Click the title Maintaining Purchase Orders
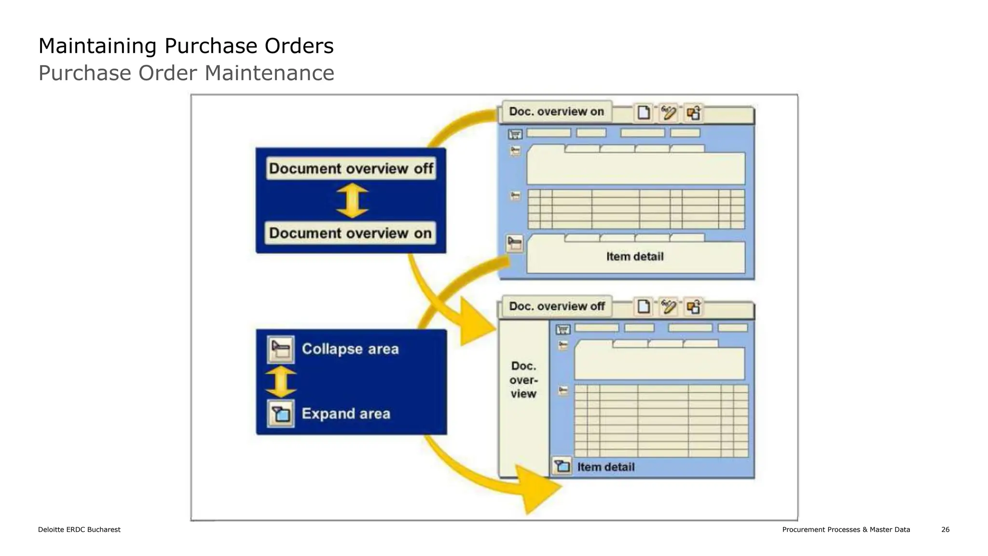[x=186, y=46]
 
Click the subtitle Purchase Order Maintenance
[x=186, y=73]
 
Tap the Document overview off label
[x=351, y=168]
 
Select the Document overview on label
[x=350, y=233]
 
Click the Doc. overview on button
[x=556, y=112]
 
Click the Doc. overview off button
[x=557, y=306]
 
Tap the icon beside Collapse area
[x=281, y=349]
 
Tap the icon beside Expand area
[x=281, y=414]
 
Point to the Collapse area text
[x=350, y=349]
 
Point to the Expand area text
[x=346, y=414]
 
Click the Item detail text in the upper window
[x=635, y=257]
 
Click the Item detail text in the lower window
[x=606, y=467]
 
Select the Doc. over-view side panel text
[x=523, y=380]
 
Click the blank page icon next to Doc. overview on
[x=644, y=112]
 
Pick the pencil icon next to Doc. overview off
[x=669, y=306]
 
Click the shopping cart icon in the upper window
[x=515, y=134]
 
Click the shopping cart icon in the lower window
[x=563, y=329]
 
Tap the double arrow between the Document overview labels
[x=352, y=201]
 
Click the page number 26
[x=945, y=529]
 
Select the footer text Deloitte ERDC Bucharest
[x=79, y=529]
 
